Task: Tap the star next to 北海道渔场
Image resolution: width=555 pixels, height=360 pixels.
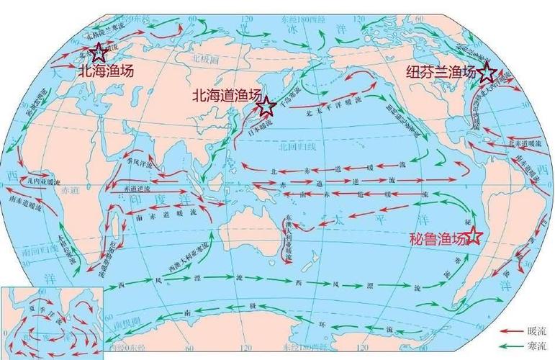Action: (x=266, y=107)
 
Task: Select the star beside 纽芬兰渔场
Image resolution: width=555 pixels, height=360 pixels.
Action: (x=487, y=72)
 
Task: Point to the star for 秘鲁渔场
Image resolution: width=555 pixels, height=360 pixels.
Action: (x=474, y=235)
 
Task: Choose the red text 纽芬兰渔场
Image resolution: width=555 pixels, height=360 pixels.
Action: (x=441, y=73)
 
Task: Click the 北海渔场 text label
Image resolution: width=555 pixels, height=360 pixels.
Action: (x=105, y=71)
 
